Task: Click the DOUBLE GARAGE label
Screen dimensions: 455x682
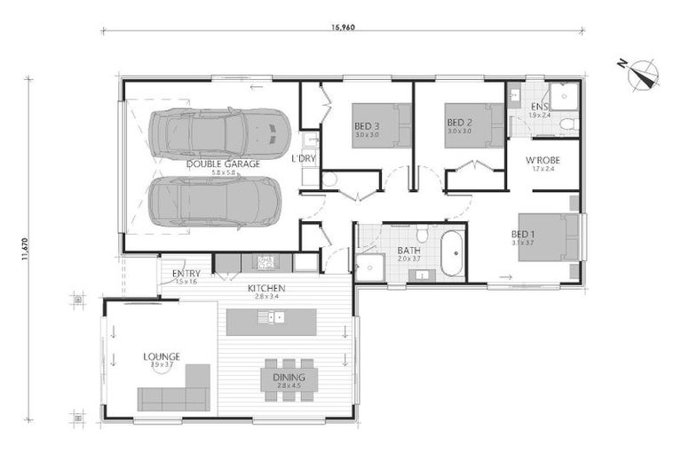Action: point(223,164)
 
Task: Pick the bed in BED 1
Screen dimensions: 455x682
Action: point(549,236)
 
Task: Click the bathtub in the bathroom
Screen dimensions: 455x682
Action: point(452,253)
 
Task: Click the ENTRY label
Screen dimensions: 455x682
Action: point(186,273)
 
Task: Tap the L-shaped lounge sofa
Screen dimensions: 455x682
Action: point(174,391)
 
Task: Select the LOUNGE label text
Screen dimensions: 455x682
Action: point(162,356)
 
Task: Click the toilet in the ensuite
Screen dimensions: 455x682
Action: point(568,124)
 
